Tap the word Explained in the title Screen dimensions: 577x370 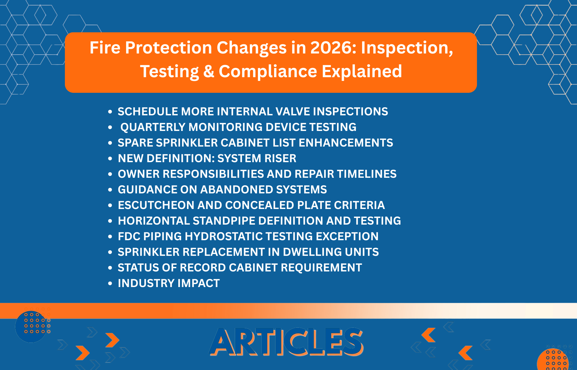(362, 71)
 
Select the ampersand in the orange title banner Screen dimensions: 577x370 (209, 72)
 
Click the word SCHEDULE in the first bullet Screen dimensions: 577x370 (147, 112)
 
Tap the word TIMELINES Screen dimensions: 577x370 (367, 174)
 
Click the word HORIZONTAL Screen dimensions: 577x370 (154, 221)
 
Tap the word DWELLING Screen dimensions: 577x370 (312, 252)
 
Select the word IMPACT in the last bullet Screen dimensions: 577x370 (198, 283)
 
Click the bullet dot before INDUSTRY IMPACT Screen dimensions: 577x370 (110, 284)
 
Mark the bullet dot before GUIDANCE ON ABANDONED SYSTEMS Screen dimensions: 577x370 (110, 190)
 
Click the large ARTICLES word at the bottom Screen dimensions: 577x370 (286, 342)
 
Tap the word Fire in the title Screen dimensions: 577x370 (105, 48)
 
